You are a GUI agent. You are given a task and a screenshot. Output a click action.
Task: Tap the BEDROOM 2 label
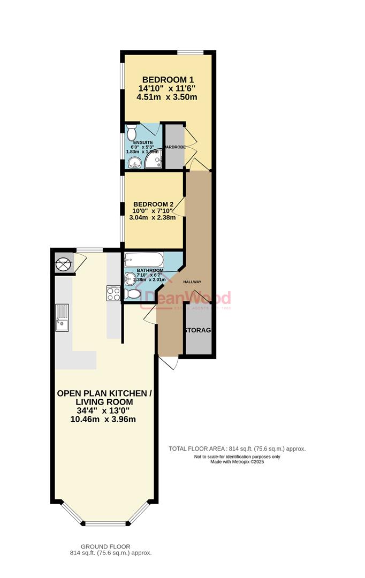point(154,204)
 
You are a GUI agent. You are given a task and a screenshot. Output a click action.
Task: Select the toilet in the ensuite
point(132,131)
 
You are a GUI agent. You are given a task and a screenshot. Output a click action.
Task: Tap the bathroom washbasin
point(130,278)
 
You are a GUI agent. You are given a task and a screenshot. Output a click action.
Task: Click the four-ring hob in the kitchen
point(114,293)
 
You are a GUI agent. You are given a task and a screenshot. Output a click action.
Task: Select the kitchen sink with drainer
point(62,317)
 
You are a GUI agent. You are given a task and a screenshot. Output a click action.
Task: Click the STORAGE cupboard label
point(197,330)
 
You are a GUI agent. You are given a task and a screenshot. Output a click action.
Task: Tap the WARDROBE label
point(174,146)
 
